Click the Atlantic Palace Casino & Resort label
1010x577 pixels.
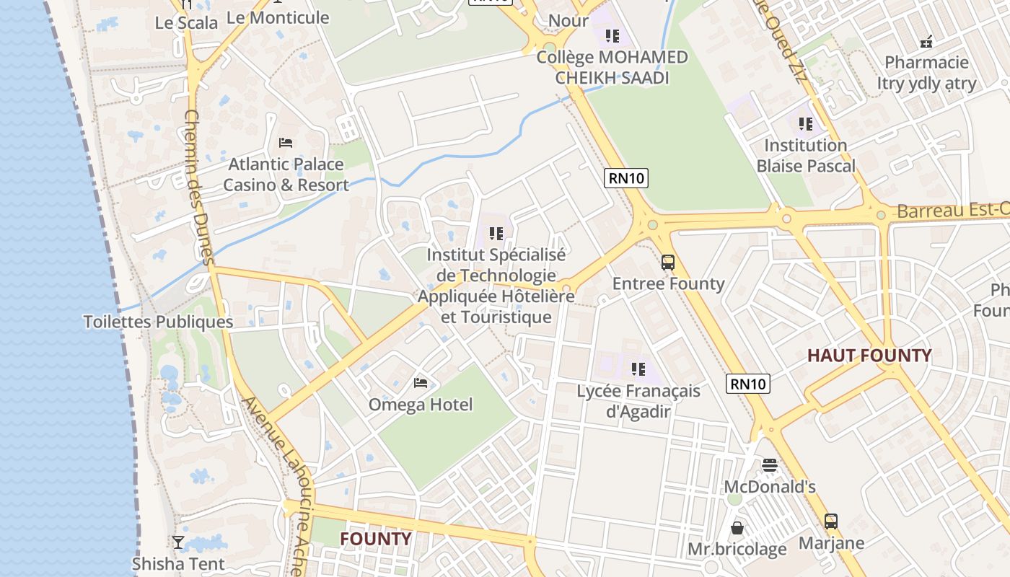tap(286, 175)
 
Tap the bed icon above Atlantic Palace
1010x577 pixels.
tap(286, 143)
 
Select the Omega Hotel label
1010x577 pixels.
tap(421, 405)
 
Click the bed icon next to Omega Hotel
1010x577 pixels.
tap(421, 382)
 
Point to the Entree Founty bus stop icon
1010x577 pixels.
tap(668, 263)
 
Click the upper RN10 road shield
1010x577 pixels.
tap(626, 178)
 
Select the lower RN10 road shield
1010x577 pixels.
tap(748, 384)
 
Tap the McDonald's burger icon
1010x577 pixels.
tap(770, 465)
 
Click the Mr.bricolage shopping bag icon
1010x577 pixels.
tap(737, 528)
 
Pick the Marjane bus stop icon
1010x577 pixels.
tap(831, 521)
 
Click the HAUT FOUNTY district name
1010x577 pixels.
tap(869, 356)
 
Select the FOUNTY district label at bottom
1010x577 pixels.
tap(375, 539)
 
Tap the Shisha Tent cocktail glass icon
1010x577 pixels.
tap(178, 542)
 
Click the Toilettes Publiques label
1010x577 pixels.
tap(158, 322)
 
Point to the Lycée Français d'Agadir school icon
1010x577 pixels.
tap(638, 369)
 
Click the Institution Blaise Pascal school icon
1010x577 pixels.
tap(806, 124)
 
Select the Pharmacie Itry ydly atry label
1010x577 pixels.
tap(926, 73)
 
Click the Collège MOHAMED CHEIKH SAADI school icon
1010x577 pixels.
tap(612, 36)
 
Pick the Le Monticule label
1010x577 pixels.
tap(278, 17)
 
